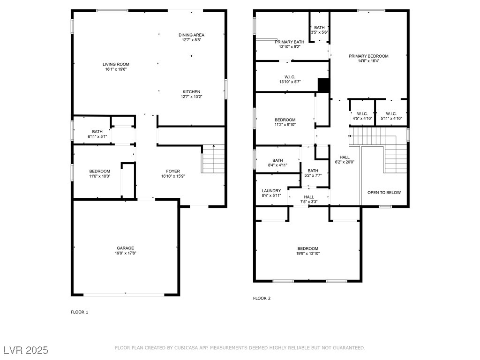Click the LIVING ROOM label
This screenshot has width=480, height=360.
click(116, 64)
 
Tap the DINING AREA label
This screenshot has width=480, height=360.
click(191, 35)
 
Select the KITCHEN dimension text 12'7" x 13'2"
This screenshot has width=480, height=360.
click(191, 97)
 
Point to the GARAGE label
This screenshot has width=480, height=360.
click(125, 248)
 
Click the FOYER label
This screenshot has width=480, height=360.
click(173, 171)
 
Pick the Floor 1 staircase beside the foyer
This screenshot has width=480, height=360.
click(213, 158)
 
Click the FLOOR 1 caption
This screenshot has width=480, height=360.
click(79, 312)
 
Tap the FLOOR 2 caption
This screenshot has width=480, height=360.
click(262, 298)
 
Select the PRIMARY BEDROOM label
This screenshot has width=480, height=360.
click(368, 56)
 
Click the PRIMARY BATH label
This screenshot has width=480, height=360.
click(290, 42)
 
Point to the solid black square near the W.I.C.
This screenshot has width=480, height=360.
click(323, 85)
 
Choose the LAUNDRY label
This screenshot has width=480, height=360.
click(271, 191)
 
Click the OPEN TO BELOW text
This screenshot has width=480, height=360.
click(384, 193)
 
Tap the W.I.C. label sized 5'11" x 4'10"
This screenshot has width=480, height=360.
click(391, 114)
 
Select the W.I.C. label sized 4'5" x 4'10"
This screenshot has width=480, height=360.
click(362, 114)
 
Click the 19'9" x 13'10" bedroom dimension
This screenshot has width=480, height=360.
click(307, 254)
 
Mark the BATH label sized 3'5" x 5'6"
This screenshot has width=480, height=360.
click(319, 28)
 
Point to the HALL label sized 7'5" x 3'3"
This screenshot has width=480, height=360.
click(309, 197)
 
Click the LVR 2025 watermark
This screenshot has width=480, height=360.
click(26, 350)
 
